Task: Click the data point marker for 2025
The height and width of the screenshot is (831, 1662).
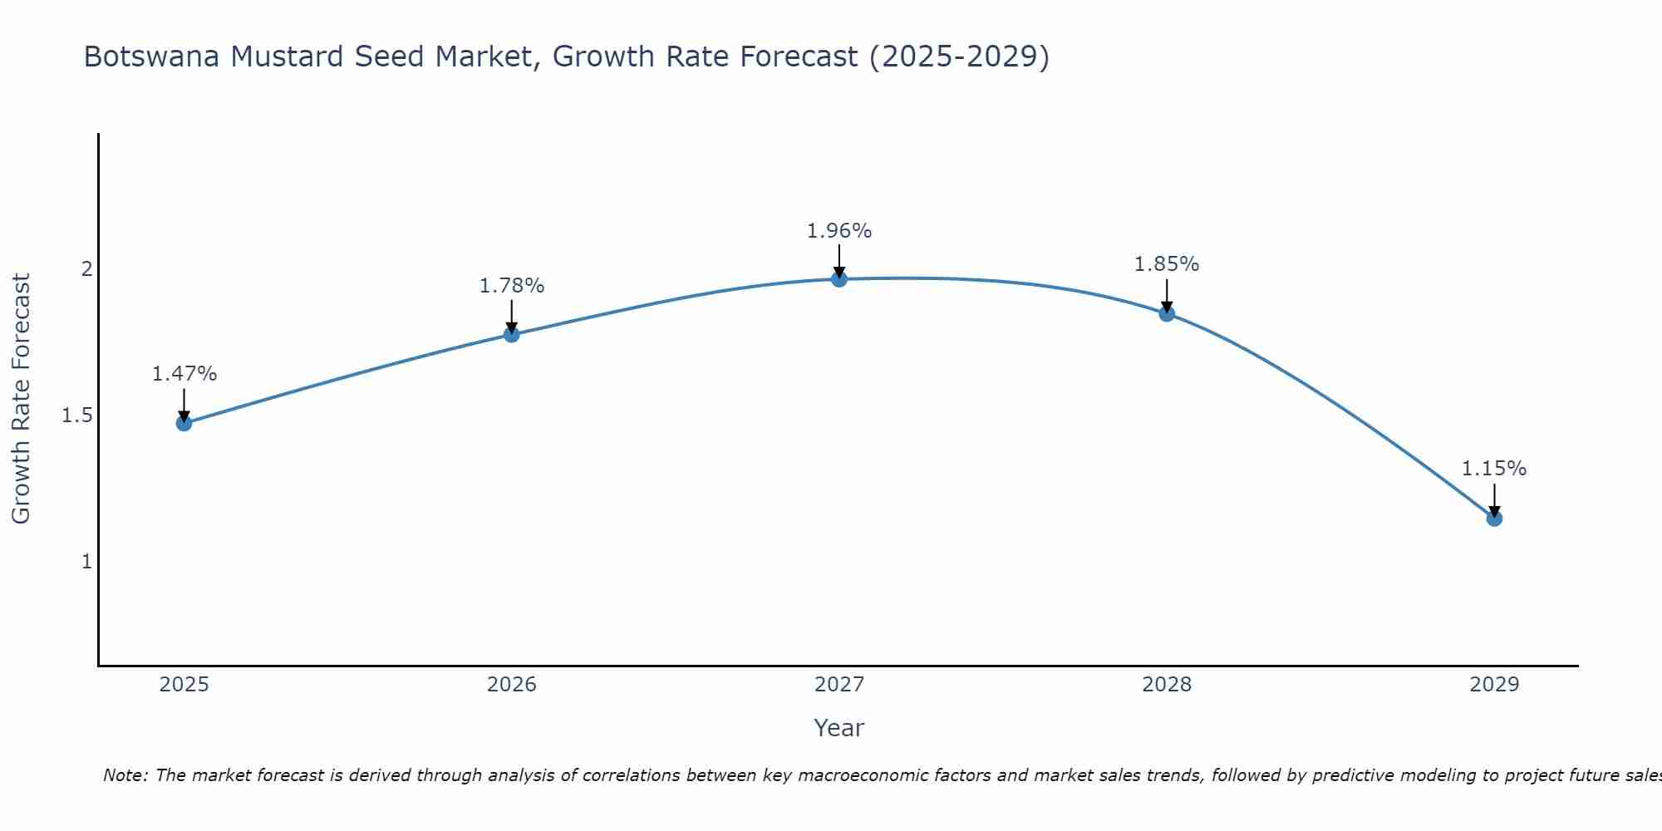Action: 184,423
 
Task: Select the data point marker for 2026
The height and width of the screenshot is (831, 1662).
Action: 512,334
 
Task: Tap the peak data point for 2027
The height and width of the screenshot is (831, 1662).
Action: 839,279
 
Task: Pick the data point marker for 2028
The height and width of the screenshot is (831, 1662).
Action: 1167,313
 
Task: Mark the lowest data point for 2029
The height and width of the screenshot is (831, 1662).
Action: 1494,519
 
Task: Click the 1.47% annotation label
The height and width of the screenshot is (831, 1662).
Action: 184,374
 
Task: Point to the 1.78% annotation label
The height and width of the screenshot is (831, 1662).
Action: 512,286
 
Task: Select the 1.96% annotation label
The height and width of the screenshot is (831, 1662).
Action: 839,231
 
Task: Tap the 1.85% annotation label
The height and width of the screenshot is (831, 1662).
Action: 1167,264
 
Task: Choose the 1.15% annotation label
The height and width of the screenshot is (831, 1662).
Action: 1494,469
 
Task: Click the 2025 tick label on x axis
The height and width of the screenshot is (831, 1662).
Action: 184,685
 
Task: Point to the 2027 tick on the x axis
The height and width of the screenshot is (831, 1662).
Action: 839,685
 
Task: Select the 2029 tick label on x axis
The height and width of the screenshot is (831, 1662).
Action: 1494,685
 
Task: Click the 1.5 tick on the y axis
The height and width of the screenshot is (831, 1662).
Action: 76,415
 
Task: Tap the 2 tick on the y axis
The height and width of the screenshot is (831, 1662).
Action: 86,269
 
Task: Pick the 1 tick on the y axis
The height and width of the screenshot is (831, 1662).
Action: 86,562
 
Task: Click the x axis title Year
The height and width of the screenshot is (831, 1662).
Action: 839,728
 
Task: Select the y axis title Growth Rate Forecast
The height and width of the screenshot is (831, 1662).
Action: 21,399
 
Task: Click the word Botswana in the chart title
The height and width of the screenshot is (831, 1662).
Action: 152,57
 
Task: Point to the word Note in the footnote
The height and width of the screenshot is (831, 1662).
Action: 125,775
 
